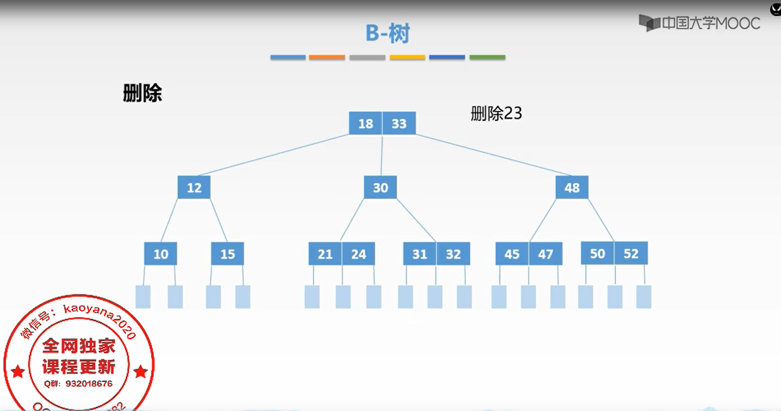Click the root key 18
coord(366,123)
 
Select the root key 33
coord(399,123)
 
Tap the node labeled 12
coord(194,187)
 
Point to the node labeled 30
coord(380,187)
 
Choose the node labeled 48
coord(572,187)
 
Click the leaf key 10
coord(160,254)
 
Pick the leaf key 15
coord(227,254)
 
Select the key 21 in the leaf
coord(325,254)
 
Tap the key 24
coord(359,254)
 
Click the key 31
coord(420,254)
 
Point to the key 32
coord(453,254)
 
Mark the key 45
coord(512,254)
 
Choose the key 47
coord(545,254)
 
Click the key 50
coord(598,253)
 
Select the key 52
coord(631,253)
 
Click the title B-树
coord(388,33)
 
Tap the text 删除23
coord(496,113)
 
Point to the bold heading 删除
coord(142,93)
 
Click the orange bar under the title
coord(327,57)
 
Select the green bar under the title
coord(487,57)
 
